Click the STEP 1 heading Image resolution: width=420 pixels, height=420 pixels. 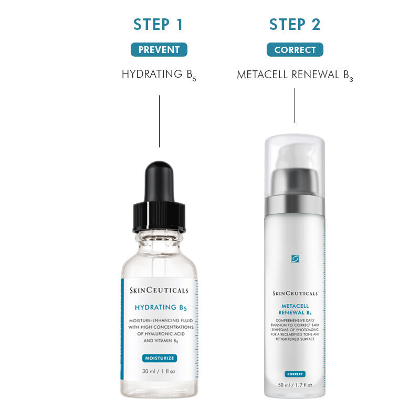pos(159,25)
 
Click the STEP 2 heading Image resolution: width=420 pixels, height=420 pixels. pos(295,25)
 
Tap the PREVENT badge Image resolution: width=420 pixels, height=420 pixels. pos(159,50)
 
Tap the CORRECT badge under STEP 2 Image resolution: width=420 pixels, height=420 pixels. pos(295,50)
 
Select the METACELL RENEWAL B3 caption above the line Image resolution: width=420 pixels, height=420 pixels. pos(295,75)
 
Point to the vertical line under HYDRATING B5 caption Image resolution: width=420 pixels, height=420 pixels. pos(159,121)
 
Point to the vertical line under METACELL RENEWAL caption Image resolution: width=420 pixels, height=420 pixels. pos(295,105)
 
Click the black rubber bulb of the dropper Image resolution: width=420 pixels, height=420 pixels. pos(159,181)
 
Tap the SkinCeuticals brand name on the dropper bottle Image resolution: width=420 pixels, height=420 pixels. pos(159,290)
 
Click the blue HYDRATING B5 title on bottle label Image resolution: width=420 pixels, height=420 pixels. pos(159,308)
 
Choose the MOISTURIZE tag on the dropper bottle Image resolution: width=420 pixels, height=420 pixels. pos(159,358)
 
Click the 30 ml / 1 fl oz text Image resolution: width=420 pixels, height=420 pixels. pos(159,371)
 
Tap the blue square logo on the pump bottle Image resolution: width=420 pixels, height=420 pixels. pos(295,258)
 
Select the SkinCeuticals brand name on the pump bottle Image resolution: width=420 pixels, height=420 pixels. pos(295,294)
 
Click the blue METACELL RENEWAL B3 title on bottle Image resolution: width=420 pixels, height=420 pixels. pos(295,309)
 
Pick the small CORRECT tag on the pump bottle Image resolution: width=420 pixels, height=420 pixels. pos(295,374)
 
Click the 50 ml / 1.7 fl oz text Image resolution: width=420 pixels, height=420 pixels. pos(295,385)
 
